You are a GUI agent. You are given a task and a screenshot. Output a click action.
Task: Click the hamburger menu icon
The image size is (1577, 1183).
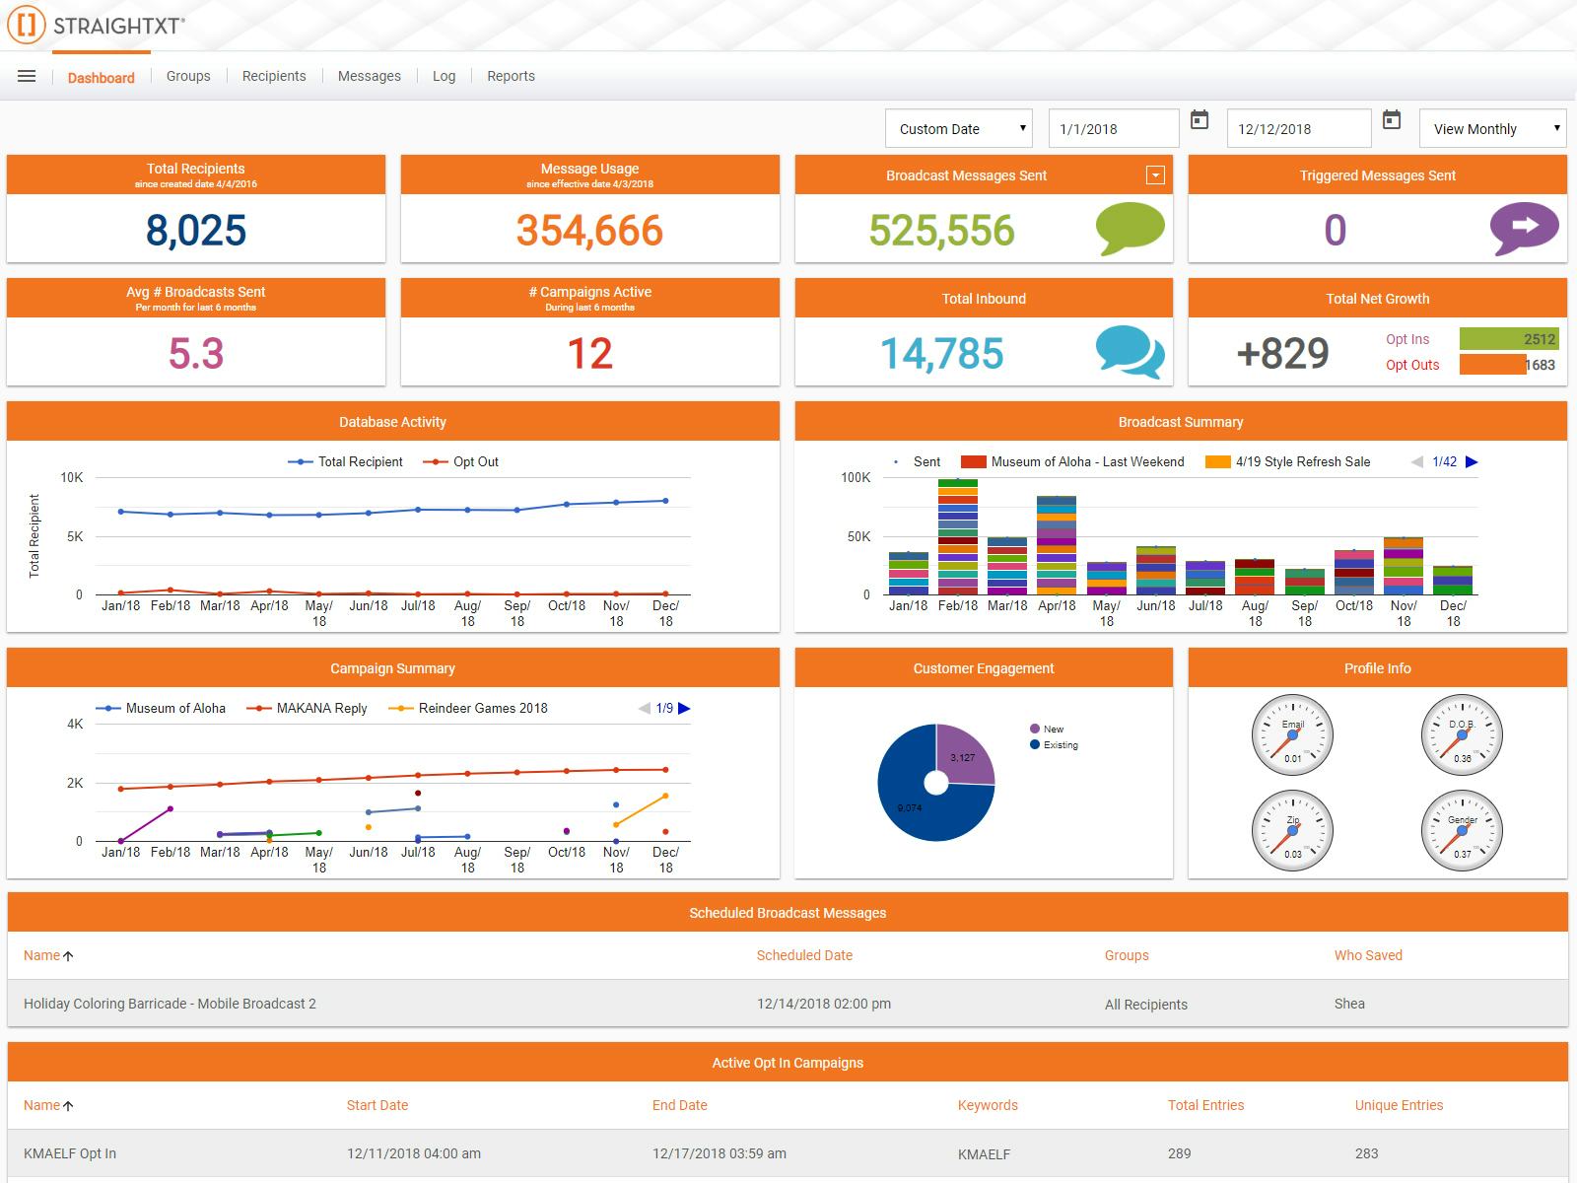coord(27,76)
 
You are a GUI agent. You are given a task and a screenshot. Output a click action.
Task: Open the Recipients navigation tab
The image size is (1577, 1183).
coord(274,76)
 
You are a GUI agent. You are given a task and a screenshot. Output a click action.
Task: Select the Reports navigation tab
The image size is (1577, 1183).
coord(511,76)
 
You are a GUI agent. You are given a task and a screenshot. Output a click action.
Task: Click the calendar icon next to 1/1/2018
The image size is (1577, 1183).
coord(1200,120)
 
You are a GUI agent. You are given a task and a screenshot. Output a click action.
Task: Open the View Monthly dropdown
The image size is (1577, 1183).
coord(1492,128)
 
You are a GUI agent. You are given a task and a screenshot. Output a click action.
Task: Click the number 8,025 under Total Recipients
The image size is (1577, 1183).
coord(196,230)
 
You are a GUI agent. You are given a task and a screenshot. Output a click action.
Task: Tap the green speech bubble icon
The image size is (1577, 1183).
coord(1130,228)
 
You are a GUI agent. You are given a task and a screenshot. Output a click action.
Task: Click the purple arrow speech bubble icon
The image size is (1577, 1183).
coord(1524,228)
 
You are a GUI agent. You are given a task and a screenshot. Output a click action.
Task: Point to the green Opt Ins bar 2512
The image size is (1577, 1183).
coord(1508,339)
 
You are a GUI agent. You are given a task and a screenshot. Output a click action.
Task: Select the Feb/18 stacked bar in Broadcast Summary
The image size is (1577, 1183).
coord(958,537)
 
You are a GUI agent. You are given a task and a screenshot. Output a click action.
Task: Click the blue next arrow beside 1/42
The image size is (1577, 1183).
coord(1472,461)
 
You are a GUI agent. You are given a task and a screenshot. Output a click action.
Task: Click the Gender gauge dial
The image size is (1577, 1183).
coord(1462,830)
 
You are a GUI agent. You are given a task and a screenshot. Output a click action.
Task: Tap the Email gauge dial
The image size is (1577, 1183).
coord(1292,734)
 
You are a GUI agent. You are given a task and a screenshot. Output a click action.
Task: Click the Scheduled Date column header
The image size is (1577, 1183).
coord(804,955)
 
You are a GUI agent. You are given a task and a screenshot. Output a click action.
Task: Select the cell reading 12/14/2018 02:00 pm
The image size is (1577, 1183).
coord(824,1004)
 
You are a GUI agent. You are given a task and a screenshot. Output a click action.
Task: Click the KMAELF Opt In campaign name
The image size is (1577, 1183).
coord(70,1153)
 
